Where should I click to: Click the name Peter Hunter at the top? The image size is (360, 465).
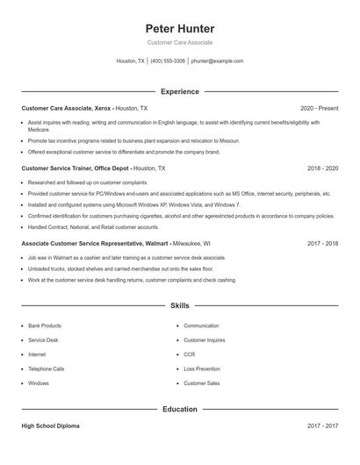tap(179, 28)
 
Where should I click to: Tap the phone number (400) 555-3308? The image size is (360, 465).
tap(168, 61)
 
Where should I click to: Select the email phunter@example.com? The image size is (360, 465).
tap(217, 61)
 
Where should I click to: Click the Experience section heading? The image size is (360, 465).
tap(179, 91)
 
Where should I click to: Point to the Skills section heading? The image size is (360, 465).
tap(179, 305)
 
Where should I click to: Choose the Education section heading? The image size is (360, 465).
tap(179, 409)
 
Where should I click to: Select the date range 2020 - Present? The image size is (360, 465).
tap(319, 108)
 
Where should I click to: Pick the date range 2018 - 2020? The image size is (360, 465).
tap(322, 168)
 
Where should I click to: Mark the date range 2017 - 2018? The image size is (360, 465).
tap(322, 243)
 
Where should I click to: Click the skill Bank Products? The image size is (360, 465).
tap(45, 325)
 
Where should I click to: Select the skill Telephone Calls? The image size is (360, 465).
tap(47, 369)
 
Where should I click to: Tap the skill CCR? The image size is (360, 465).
tap(189, 354)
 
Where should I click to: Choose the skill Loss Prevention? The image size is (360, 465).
tap(202, 369)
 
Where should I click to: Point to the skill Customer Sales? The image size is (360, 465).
tap(201, 383)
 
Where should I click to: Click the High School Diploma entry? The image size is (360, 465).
tap(50, 426)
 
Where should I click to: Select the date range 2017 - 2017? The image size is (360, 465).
tap(322, 426)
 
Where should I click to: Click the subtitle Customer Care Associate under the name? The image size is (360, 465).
tap(179, 42)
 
